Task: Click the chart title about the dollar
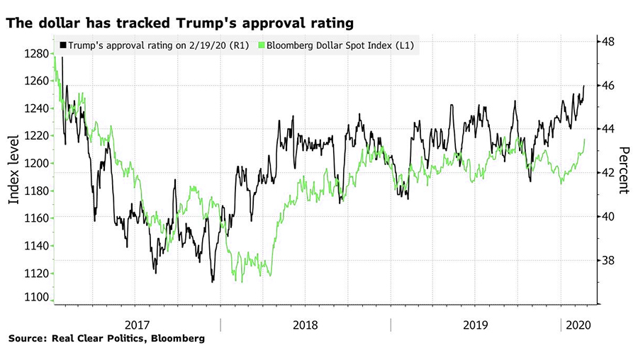point(181,23)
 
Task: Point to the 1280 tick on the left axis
point(35,54)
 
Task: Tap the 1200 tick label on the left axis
point(35,163)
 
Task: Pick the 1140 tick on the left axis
point(35,245)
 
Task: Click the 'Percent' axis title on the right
point(624,170)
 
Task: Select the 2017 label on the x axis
point(139,325)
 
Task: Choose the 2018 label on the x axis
point(306,325)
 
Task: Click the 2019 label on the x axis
point(476,325)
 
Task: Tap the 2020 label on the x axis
point(575,325)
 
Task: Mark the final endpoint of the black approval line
point(584,86)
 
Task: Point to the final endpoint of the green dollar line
point(585,140)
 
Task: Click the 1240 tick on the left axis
point(35,108)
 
